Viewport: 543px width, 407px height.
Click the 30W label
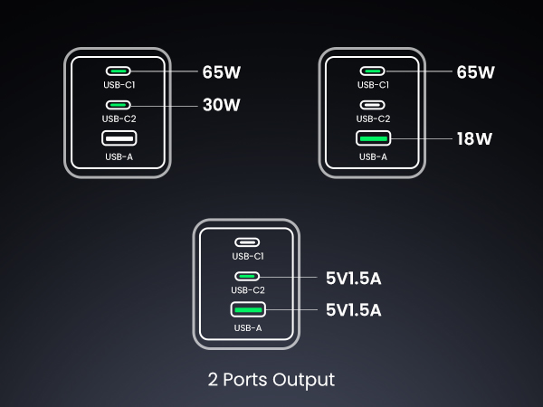click(x=221, y=105)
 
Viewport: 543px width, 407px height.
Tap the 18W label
click(x=473, y=139)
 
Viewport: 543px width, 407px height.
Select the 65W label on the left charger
click(x=221, y=71)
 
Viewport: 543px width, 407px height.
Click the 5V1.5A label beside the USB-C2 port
click(x=353, y=278)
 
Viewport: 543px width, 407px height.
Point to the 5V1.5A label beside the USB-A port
click(x=353, y=309)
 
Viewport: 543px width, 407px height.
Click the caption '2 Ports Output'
click(x=271, y=379)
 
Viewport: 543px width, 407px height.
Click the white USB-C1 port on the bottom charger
click(x=247, y=242)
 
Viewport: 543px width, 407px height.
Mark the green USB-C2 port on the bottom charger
click(x=247, y=276)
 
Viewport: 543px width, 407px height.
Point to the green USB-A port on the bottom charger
click(x=247, y=309)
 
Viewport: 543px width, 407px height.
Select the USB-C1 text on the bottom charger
click(x=247, y=257)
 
